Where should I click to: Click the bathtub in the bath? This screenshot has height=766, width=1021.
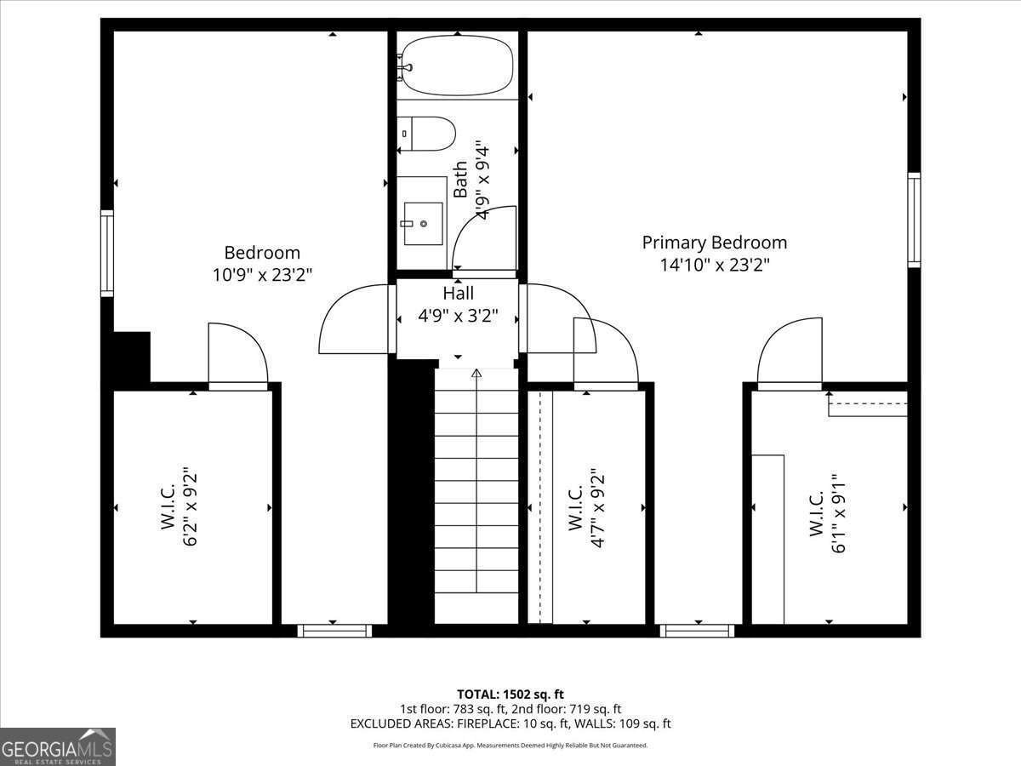pyautogui.click(x=458, y=66)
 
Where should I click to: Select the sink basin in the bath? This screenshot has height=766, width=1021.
pyautogui.click(x=423, y=223)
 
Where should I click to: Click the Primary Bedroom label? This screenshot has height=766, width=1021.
pyautogui.click(x=714, y=243)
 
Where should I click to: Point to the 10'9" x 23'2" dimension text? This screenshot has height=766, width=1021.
pyautogui.click(x=262, y=275)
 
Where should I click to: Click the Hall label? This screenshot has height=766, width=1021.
pyautogui.click(x=458, y=293)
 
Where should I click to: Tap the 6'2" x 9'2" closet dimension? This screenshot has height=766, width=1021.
pyautogui.click(x=190, y=506)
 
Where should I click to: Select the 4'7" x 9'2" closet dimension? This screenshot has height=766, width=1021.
pyautogui.click(x=597, y=507)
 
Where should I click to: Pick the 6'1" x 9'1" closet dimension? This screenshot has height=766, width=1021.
pyautogui.click(x=841, y=513)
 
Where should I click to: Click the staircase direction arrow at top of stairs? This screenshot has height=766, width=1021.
pyautogui.click(x=476, y=373)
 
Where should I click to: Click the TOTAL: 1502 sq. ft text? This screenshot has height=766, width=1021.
pyautogui.click(x=510, y=695)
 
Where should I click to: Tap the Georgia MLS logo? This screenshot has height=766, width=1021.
pyautogui.click(x=58, y=746)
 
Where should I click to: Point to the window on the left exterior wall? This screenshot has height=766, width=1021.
pyautogui.click(x=107, y=253)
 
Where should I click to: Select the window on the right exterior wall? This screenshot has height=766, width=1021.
pyautogui.click(x=914, y=220)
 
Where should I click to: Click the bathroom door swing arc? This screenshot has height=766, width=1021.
pyautogui.click(x=485, y=238)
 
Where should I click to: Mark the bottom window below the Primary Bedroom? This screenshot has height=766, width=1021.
pyautogui.click(x=697, y=631)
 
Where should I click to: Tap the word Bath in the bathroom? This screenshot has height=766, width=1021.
pyautogui.click(x=460, y=180)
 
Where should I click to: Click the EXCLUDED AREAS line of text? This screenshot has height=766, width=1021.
pyautogui.click(x=510, y=723)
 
